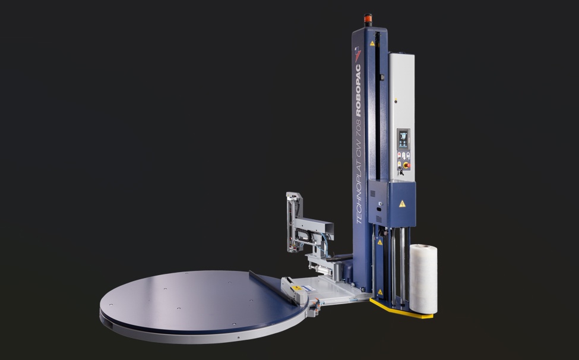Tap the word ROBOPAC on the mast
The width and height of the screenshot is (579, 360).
click(358, 90)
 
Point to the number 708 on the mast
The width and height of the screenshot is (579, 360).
click(359, 127)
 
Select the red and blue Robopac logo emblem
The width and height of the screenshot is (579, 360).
click(357, 54)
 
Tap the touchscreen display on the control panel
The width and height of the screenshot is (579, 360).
click(403, 140)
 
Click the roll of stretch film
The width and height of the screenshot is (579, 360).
click(423, 279)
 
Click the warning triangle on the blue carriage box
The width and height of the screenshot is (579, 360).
click(402, 203)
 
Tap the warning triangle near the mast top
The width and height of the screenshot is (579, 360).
click(372, 43)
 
